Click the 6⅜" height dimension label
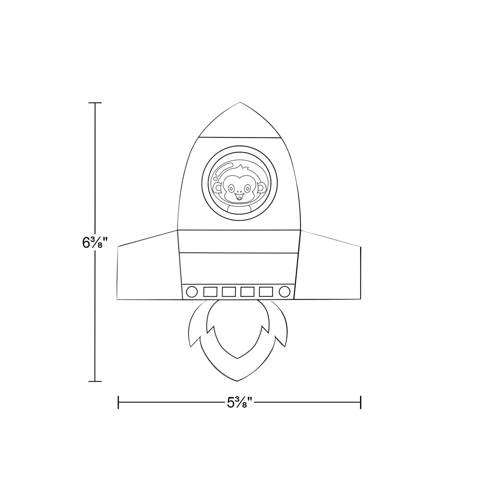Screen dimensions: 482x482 click(x=95, y=243)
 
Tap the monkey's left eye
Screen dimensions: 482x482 click(x=231, y=188)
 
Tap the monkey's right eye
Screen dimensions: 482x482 click(x=248, y=188)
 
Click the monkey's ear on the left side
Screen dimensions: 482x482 click(x=219, y=188)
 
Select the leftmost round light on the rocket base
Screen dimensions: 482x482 click(x=192, y=292)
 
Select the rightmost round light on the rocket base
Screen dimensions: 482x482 click(x=285, y=292)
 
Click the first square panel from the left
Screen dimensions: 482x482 click(x=210, y=292)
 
